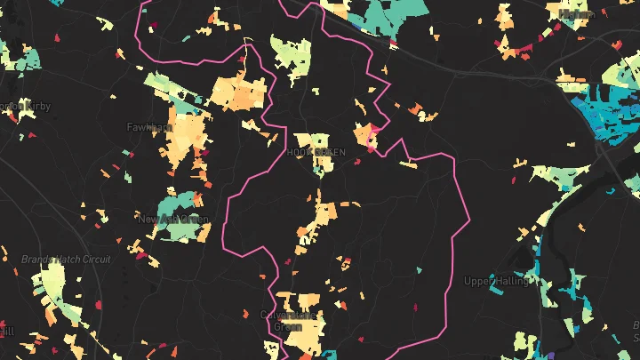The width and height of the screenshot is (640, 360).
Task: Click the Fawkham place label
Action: tap(148, 127)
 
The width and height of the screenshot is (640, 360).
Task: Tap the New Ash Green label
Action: tap(172, 219)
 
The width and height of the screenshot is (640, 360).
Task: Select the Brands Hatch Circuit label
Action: tap(66, 260)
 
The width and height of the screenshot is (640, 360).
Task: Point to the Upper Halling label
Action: tap(495, 281)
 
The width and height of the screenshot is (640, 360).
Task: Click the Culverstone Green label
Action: tap(287, 320)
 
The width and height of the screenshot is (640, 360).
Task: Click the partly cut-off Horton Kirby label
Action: tap(25, 107)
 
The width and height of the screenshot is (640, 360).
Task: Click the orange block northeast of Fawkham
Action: tap(238, 92)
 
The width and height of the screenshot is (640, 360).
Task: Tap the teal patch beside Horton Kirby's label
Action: tap(29, 60)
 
